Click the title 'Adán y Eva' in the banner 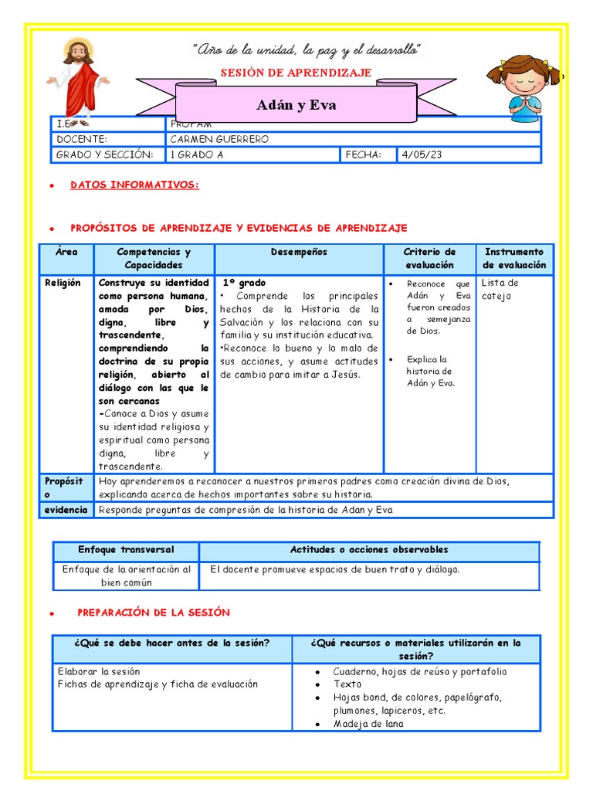(x=296, y=105)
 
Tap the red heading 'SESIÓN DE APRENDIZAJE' (x=296, y=73)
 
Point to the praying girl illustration (x=524, y=87)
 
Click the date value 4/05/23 (x=422, y=155)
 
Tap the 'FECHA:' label (x=364, y=155)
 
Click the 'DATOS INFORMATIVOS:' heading (x=134, y=185)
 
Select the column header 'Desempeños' (x=299, y=252)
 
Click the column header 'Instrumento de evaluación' (x=514, y=258)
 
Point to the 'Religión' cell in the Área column (x=63, y=283)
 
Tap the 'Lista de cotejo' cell (x=500, y=289)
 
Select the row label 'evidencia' (x=65, y=510)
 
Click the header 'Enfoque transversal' (x=126, y=550)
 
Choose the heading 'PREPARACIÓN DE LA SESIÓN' (x=154, y=612)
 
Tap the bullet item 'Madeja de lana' (x=368, y=724)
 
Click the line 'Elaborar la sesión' (x=99, y=671)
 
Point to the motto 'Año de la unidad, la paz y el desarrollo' (x=306, y=51)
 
